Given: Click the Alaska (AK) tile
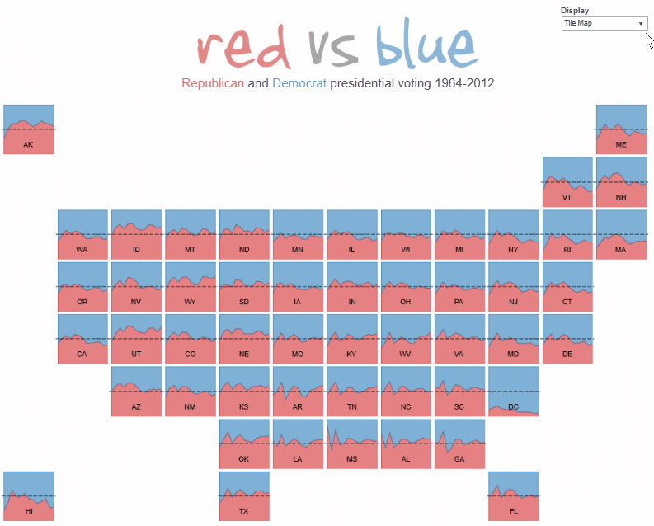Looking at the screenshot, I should tap(29, 129).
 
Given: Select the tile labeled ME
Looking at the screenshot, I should tap(621, 129).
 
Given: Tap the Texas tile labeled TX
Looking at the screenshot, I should tap(244, 496).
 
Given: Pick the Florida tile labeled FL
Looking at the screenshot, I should tap(513, 496).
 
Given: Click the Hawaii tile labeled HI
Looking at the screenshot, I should tap(29, 496).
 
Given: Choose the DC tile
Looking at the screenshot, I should tap(513, 392).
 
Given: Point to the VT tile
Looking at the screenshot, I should tap(567, 182).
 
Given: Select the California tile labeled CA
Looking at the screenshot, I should tap(82, 339).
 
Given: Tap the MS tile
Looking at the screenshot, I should tap(351, 444).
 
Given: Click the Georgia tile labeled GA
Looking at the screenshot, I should tap(459, 444).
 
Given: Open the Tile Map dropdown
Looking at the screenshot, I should tap(605, 24).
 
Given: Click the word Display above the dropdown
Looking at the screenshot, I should tap(575, 11).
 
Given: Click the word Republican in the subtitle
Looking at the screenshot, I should tap(213, 83).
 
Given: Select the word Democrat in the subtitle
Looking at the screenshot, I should tap(299, 83).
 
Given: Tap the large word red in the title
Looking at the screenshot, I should tap(245, 47).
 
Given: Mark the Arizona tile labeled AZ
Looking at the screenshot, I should tap(136, 392).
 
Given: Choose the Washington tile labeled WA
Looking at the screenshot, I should tap(82, 234).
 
